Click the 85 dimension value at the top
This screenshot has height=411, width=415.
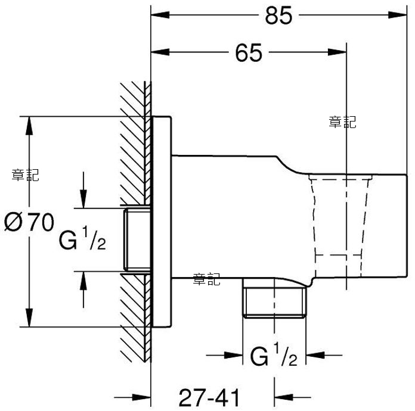278,15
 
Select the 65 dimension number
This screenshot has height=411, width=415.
249,53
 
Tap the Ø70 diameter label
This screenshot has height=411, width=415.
29,222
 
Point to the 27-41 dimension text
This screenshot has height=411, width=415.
209,397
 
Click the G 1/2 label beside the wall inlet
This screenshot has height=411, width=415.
82,238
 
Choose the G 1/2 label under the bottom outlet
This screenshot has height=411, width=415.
274,354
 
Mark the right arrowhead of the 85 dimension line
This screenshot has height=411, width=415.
397,15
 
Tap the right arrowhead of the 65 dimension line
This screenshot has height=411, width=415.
337,52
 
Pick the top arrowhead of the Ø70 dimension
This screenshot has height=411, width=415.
29,126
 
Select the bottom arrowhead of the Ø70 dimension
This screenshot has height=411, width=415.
29,317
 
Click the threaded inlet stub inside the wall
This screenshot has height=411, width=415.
138,239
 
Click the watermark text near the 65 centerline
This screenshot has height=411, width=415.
342,122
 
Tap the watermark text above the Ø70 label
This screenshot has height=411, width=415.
26,175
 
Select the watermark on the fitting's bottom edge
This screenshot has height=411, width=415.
206,279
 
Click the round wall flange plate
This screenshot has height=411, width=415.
162,222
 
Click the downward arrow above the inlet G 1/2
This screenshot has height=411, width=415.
83,190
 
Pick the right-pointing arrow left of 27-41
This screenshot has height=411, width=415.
132,397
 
